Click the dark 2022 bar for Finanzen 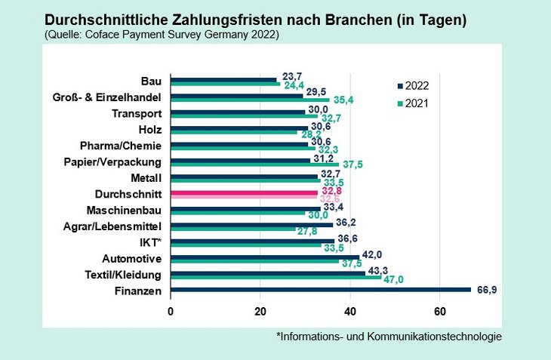pos(321,289)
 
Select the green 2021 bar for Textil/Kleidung pos(276,277)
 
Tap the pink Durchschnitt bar pos(245,193)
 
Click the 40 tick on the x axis pos(350,311)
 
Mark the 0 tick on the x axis pos(171,311)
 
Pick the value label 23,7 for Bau pos(291,75)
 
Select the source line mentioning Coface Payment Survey pos(162,34)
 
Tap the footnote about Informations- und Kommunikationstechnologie pos(389,337)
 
